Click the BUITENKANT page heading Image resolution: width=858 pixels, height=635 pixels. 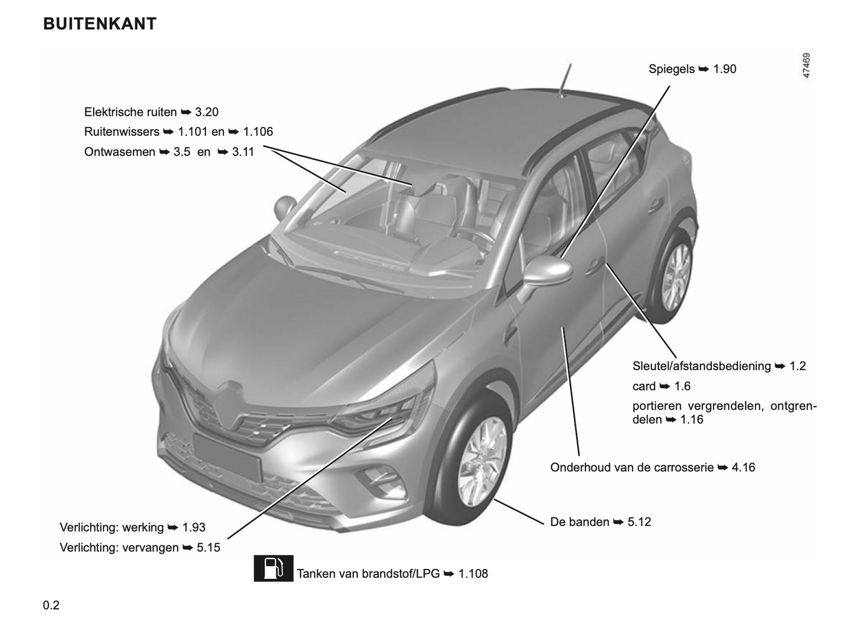click(100, 24)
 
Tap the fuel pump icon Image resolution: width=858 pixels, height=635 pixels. click(273, 568)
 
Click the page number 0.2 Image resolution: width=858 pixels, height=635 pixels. click(51, 605)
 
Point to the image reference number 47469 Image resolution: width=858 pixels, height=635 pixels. click(806, 65)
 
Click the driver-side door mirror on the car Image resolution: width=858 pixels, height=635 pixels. click(547, 271)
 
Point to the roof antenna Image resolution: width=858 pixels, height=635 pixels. click(565, 81)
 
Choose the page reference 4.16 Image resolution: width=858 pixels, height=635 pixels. click(743, 468)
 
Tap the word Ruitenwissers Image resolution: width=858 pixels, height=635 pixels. click(122, 132)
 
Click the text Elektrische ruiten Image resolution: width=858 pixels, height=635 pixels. click(131, 112)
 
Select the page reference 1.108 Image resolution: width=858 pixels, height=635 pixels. click(473, 574)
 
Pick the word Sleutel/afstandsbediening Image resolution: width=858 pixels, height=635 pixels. click(702, 366)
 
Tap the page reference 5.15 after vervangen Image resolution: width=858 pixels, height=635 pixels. click(208, 548)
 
